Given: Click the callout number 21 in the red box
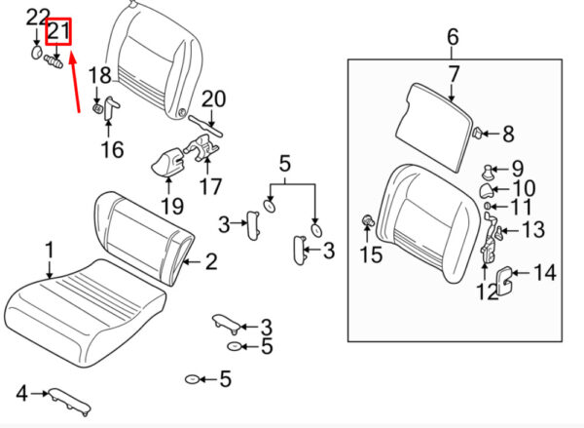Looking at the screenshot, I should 60,32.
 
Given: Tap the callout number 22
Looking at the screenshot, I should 35,17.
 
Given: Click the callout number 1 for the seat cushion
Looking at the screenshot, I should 50,252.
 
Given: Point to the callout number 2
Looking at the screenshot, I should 210,260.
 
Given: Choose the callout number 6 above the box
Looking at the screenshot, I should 453,38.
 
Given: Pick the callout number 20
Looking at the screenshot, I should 213,98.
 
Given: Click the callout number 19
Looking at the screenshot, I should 171,206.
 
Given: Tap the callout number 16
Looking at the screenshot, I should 112,149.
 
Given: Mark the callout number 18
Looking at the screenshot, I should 100,76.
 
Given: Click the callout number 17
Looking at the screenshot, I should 210,185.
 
